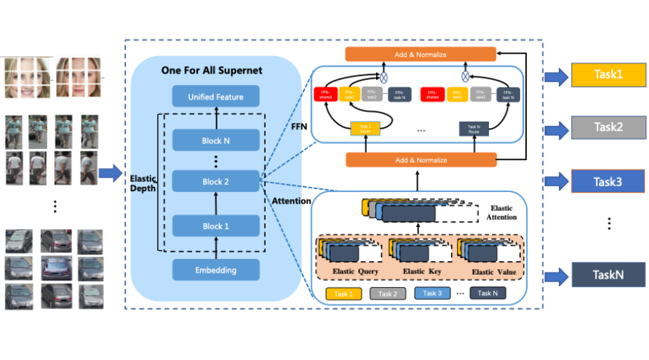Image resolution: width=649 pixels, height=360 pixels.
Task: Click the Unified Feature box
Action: click(x=215, y=97)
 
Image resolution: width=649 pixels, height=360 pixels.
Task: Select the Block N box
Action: click(x=215, y=140)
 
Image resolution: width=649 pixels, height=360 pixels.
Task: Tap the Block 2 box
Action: click(x=215, y=182)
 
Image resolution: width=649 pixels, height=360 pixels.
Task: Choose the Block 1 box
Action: click(x=215, y=225)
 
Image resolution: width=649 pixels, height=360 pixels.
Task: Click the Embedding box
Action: click(x=215, y=270)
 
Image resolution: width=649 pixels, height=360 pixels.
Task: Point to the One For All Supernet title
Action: click(x=212, y=70)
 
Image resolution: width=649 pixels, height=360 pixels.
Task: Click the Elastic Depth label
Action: click(x=143, y=183)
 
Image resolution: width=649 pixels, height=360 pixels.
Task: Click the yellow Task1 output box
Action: click(x=608, y=75)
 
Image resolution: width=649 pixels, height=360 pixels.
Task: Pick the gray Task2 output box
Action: click(x=608, y=127)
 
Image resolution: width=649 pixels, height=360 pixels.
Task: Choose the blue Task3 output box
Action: click(x=608, y=180)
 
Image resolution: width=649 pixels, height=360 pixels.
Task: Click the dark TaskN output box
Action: click(x=608, y=275)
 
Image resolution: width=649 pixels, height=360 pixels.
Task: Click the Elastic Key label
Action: click(x=422, y=271)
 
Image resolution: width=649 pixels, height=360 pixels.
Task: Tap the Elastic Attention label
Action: click(x=501, y=212)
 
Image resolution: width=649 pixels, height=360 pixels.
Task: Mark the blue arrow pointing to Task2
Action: click(x=557, y=128)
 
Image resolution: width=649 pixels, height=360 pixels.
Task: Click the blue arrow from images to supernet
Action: click(x=111, y=173)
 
